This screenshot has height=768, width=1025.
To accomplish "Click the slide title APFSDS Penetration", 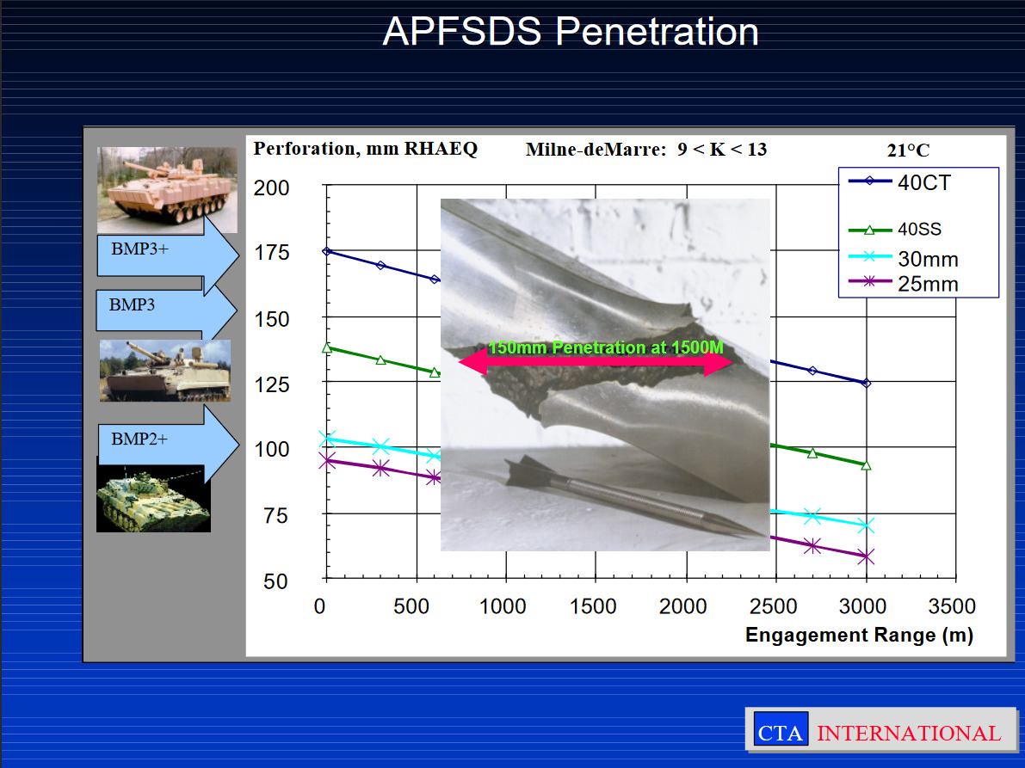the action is [x=570, y=31].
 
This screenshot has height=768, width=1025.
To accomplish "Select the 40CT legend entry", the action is [x=899, y=182].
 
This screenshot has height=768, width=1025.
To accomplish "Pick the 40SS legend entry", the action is [x=895, y=230].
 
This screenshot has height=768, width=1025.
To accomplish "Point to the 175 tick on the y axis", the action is [x=271, y=252].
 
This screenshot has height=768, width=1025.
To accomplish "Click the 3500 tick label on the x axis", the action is [x=952, y=606].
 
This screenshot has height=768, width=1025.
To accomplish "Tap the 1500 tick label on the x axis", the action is [x=593, y=606].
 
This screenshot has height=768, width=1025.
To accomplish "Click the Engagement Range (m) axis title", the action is [x=859, y=635].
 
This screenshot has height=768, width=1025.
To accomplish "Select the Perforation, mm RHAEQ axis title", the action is [x=366, y=149].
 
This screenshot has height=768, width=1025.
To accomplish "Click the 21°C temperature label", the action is [x=908, y=151].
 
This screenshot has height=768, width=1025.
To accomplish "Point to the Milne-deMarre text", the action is [x=596, y=150].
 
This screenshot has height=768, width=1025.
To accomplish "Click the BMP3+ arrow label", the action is [x=139, y=249].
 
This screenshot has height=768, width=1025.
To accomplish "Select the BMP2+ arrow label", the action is [x=139, y=439].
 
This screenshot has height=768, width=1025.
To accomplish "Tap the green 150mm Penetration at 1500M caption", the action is [x=606, y=347].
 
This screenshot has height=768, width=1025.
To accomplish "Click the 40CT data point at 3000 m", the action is [x=866, y=384].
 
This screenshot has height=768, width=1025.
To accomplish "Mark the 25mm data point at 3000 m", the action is [x=866, y=557].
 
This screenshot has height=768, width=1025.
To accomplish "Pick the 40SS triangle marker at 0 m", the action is [x=327, y=348].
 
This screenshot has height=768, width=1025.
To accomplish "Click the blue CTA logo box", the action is [x=781, y=728].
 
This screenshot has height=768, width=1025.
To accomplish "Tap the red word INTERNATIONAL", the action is [x=909, y=733].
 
